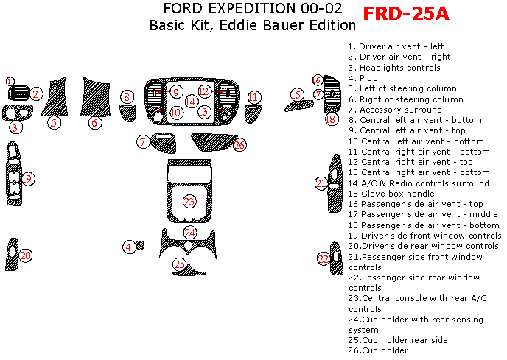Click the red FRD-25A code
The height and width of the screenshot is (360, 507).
[x=406, y=14]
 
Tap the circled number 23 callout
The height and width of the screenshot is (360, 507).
[x=189, y=201]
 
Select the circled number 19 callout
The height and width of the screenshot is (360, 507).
[x=27, y=179]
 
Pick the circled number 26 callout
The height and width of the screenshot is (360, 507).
[x=239, y=145]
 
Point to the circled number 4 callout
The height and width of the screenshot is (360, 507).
[x=129, y=247]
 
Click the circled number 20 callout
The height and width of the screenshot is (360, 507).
[x=26, y=255]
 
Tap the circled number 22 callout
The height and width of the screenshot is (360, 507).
[x=324, y=258]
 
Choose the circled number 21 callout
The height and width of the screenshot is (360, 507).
[x=321, y=183]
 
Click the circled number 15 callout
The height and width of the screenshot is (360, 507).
[x=297, y=94]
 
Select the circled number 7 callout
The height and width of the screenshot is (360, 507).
[x=142, y=141]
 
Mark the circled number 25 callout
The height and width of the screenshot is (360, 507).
[x=179, y=264]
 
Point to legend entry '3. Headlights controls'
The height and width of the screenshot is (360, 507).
[x=394, y=68]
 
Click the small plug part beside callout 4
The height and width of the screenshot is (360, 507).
[x=140, y=245]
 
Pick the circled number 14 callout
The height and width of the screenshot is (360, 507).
[x=191, y=102]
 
